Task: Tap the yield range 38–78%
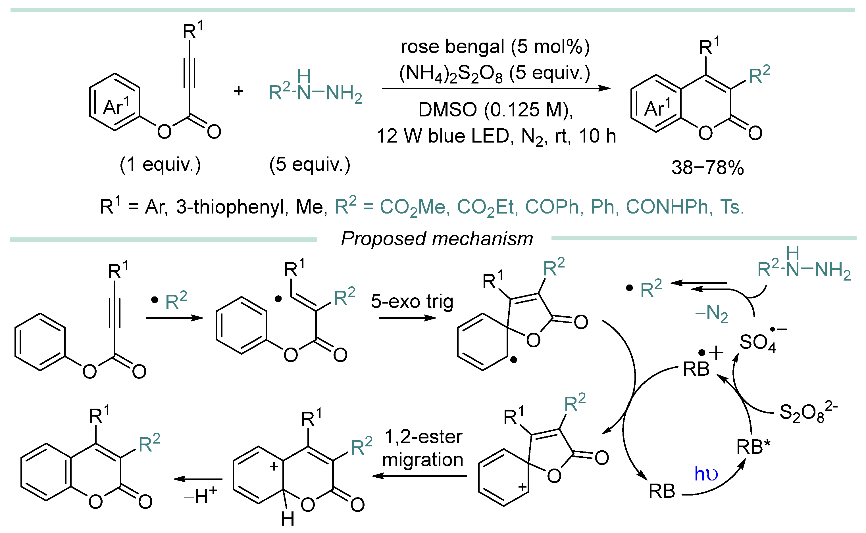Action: click(x=707, y=168)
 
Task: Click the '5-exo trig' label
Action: click(x=412, y=302)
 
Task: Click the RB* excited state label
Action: click(x=753, y=447)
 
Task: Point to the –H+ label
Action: click(x=200, y=496)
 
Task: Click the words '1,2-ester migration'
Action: click(x=422, y=448)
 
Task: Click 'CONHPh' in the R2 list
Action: click(x=667, y=207)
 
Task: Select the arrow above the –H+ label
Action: click(x=198, y=479)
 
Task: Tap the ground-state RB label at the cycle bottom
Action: click(x=661, y=491)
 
